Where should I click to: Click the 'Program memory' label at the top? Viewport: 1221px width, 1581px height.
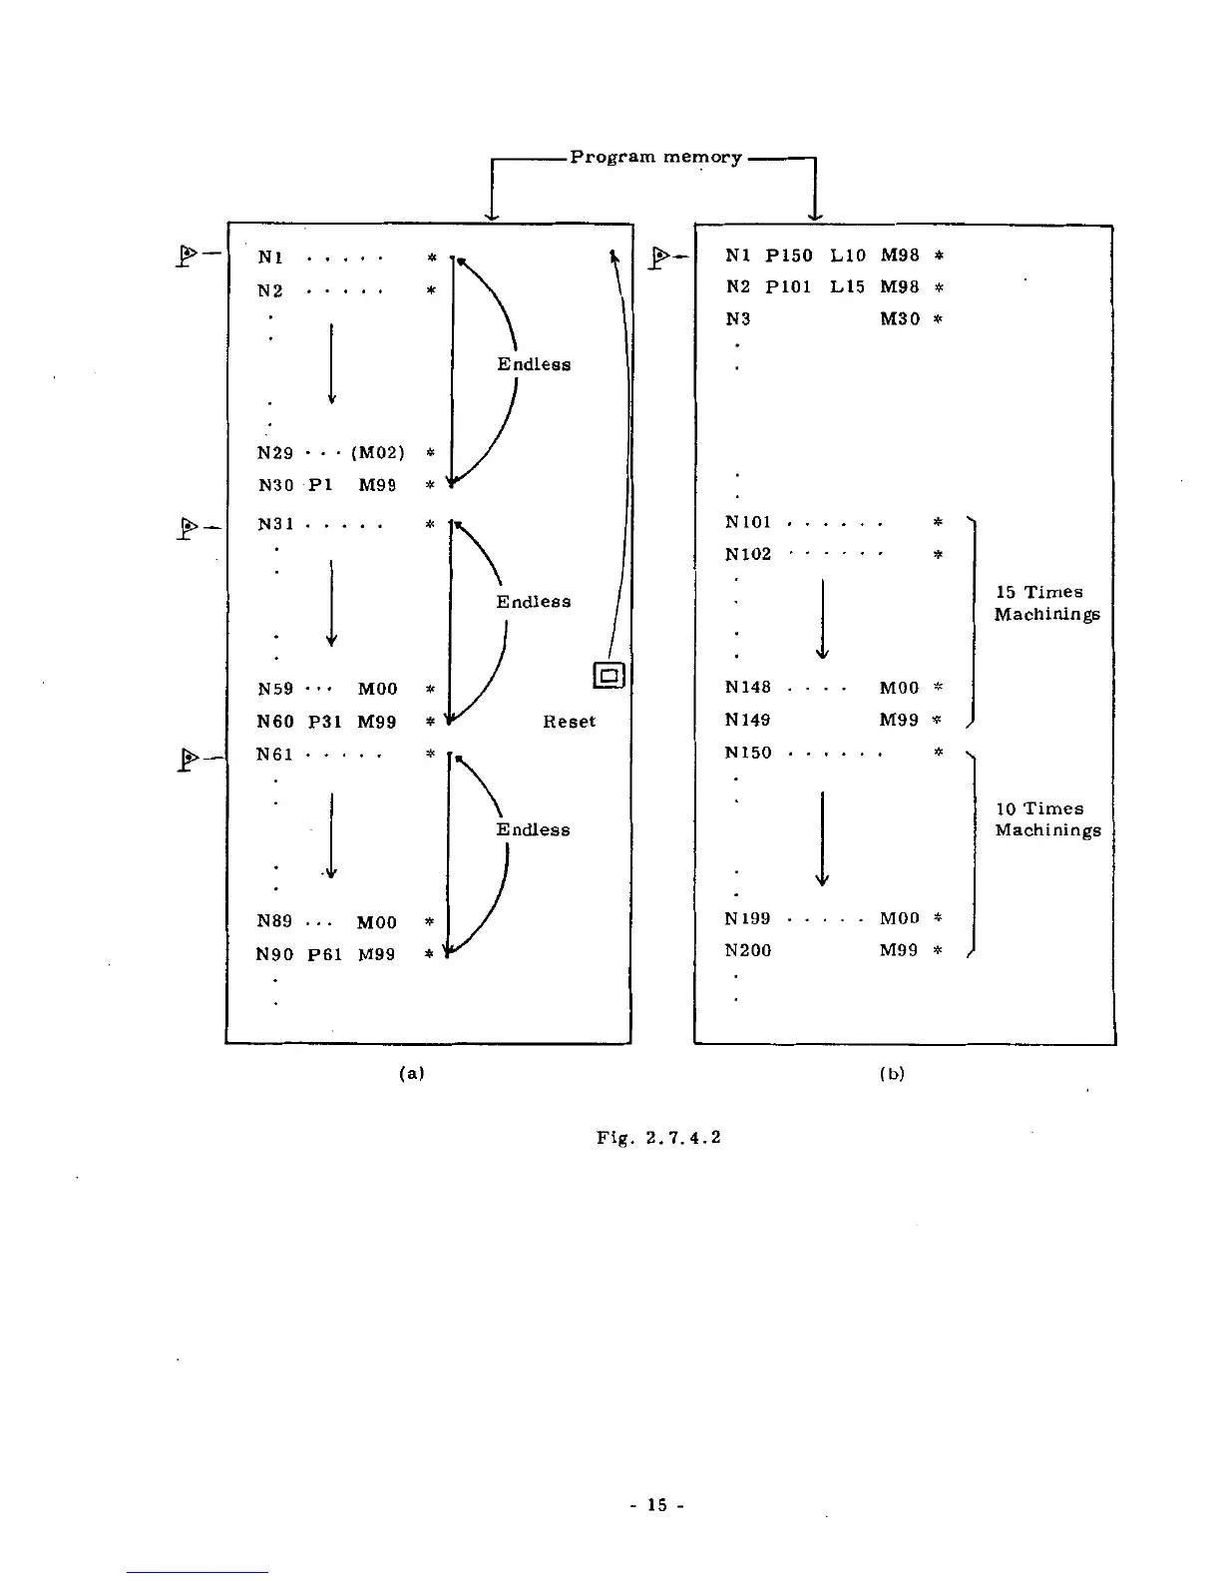[x=655, y=157]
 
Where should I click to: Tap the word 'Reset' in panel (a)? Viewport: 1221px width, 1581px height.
[x=569, y=721]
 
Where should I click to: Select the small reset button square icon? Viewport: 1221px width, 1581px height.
[x=609, y=676]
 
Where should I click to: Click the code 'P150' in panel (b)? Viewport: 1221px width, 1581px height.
[x=788, y=256]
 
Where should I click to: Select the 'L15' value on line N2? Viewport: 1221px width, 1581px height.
[x=847, y=287]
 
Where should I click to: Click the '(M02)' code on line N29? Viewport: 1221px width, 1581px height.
[x=377, y=453]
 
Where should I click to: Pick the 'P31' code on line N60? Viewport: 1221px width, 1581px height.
[x=324, y=722]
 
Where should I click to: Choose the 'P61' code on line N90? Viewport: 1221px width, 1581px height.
[x=324, y=954]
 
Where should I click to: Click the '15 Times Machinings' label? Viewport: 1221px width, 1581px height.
[x=1046, y=603]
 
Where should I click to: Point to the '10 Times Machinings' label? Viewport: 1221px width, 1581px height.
[x=1047, y=819]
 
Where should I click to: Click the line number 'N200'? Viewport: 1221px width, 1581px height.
[x=748, y=950]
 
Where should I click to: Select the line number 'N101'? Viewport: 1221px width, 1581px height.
[x=748, y=522]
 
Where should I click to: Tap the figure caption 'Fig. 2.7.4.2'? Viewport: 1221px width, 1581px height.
[x=657, y=1137]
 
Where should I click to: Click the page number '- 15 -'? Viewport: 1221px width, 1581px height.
[x=655, y=1504]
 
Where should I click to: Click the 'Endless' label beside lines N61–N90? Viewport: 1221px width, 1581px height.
[x=533, y=829]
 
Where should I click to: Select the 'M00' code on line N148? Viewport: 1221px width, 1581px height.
[x=898, y=688]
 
